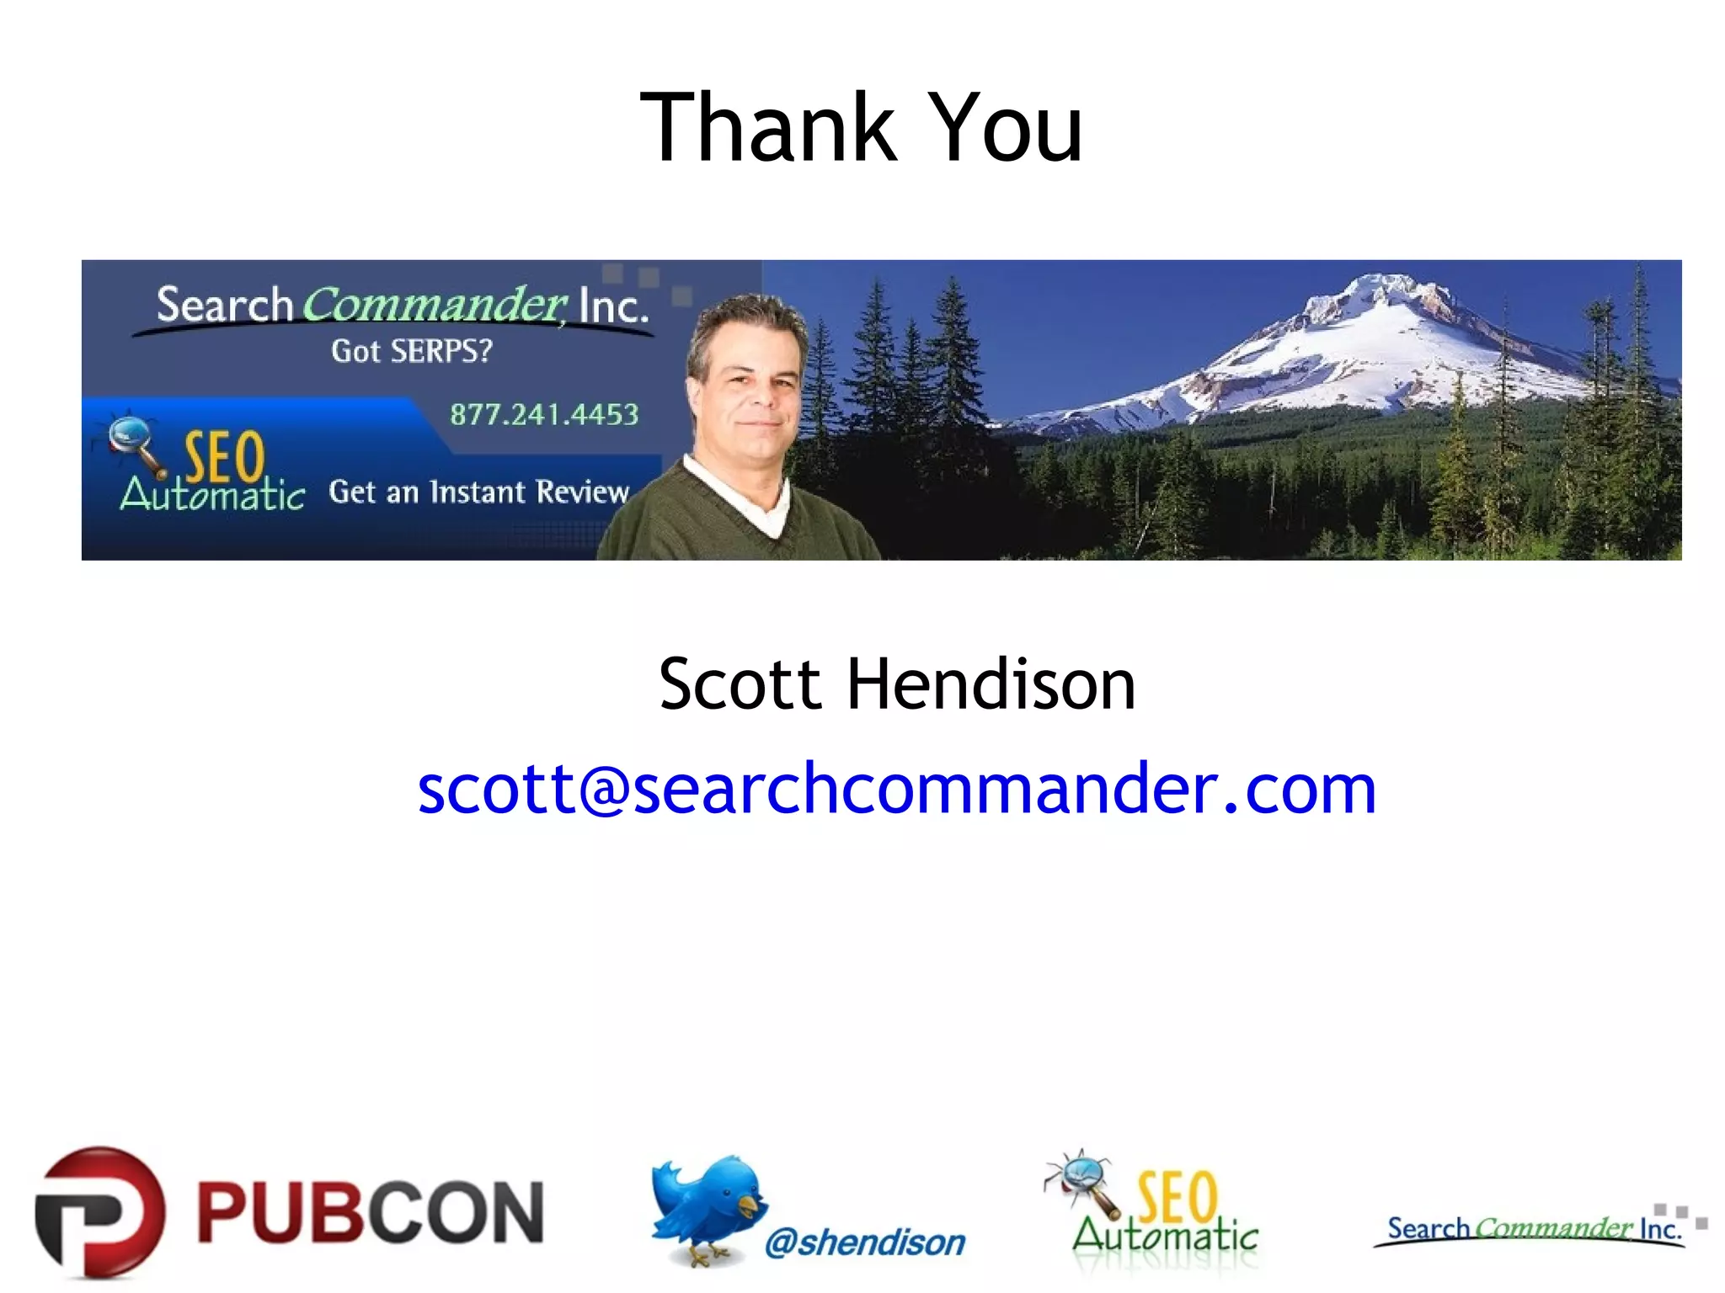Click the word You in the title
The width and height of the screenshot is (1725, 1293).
(1008, 128)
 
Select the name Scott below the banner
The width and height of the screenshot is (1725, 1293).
(740, 684)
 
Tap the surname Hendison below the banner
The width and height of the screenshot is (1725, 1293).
(991, 684)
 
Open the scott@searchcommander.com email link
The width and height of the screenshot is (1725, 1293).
(897, 790)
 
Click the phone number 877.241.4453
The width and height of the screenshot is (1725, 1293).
(544, 415)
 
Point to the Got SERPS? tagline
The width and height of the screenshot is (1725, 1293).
(411, 351)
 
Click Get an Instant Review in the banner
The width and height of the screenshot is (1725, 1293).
(478, 492)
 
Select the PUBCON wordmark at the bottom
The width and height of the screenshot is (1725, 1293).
(371, 1212)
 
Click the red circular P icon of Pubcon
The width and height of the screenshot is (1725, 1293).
(99, 1212)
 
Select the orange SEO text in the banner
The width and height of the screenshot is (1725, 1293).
(224, 457)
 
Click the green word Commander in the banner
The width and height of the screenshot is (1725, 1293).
(435, 305)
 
